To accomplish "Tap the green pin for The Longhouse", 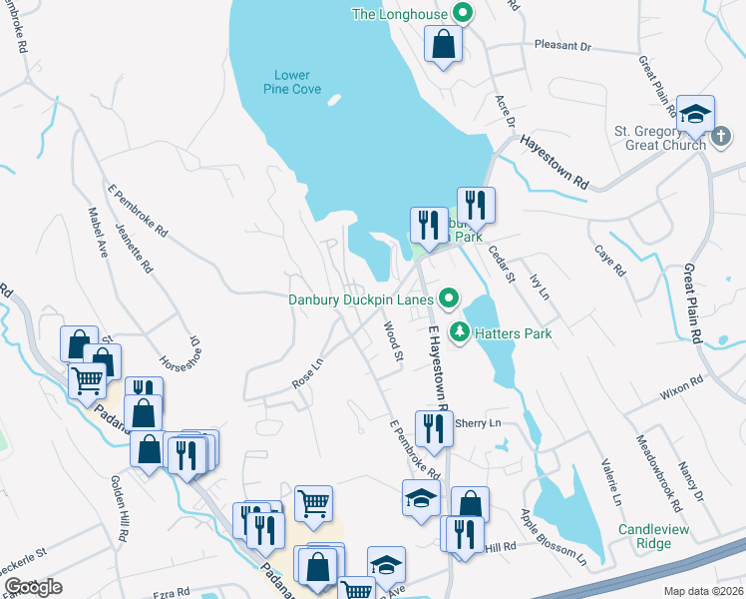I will click(461, 13).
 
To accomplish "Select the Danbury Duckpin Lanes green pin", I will click(449, 298).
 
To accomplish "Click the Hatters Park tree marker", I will click(459, 332).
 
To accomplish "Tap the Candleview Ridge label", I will click(657, 536).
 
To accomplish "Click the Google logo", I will click(33, 587).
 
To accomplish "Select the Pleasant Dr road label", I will click(562, 46).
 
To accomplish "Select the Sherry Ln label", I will click(478, 423).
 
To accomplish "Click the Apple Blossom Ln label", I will click(554, 534).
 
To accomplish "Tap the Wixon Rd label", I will click(682, 388).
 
